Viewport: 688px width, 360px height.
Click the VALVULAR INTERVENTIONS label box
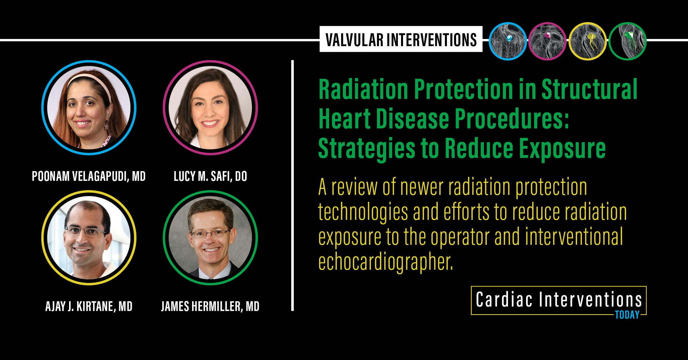click(401, 39)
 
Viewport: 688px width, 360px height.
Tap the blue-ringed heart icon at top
click(508, 41)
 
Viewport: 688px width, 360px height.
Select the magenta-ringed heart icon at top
click(547, 41)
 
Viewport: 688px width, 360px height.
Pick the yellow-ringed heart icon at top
click(587, 41)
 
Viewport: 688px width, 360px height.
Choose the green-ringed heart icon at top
click(628, 41)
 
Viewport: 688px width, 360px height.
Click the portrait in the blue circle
click(89, 108)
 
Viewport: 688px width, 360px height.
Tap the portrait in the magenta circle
click(210, 108)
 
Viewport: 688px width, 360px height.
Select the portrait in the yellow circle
click(89, 238)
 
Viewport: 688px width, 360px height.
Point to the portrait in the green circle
click(210, 238)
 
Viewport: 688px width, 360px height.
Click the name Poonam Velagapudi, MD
click(89, 177)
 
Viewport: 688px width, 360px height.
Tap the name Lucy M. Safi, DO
click(210, 177)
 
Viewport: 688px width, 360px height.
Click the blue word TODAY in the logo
click(627, 315)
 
